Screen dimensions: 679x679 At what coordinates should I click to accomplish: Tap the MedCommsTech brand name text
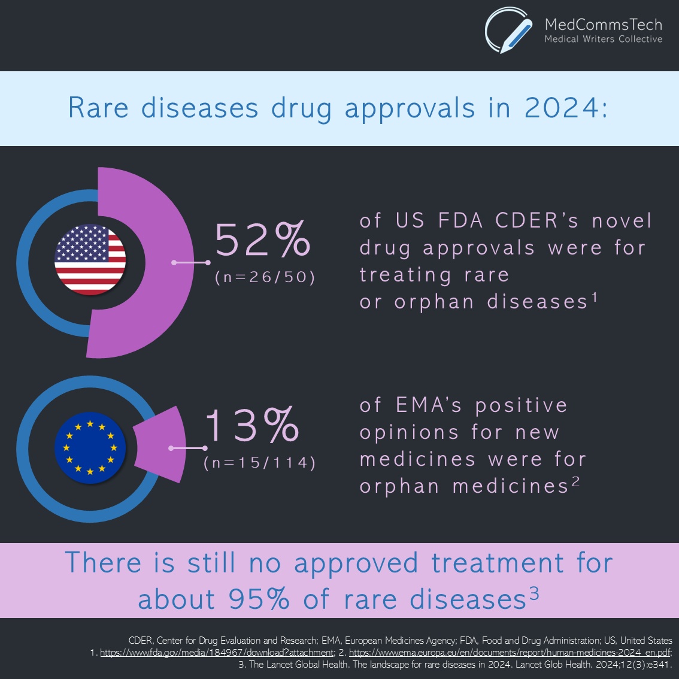tap(603, 25)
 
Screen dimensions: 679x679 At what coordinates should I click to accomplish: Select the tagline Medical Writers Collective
tap(603, 40)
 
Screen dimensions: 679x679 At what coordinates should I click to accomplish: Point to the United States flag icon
tap(90, 259)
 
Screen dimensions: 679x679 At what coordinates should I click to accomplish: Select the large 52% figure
tap(263, 240)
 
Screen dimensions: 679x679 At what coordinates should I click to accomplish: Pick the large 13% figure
tap(252, 425)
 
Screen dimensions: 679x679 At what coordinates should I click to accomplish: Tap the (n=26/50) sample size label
tap(265, 277)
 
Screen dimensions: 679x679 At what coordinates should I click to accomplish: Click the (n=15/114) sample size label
tap(259, 463)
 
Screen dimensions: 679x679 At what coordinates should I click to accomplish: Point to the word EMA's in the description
tap(429, 405)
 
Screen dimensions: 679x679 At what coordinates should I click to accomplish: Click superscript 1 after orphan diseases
tap(595, 297)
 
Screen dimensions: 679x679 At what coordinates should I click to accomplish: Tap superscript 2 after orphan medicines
tap(575, 481)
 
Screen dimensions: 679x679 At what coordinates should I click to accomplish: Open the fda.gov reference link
tap(217, 653)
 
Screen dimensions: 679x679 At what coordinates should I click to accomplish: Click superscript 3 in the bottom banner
tap(533, 594)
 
